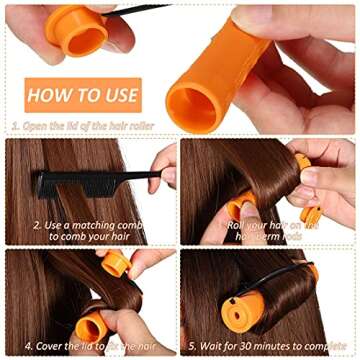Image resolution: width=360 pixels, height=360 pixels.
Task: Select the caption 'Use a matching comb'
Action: point(90,226)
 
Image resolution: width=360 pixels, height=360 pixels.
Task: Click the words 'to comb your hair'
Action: point(90,237)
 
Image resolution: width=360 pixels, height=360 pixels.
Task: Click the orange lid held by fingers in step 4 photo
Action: point(114,263)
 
